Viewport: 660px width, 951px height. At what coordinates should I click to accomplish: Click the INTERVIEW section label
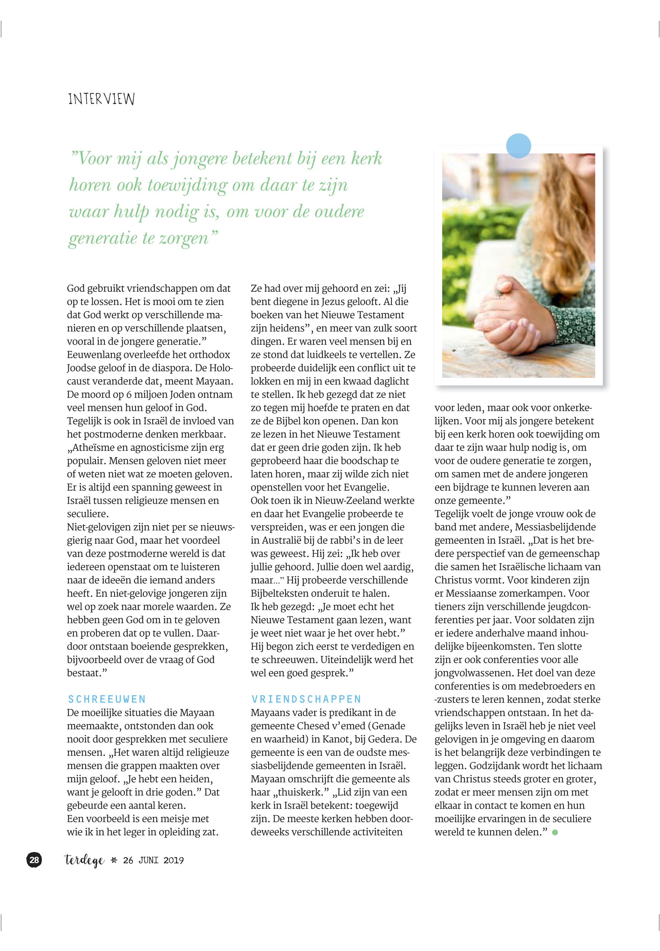[x=101, y=99]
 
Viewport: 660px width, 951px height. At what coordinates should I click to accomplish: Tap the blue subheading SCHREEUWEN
[x=107, y=699]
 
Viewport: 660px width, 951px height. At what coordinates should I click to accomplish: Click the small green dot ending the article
[x=555, y=832]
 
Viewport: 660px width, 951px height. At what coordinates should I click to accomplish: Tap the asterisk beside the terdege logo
[x=114, y=861]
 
